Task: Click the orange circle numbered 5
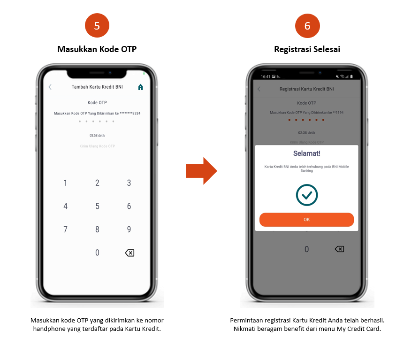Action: (97, 26)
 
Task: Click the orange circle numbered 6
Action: (307, 26)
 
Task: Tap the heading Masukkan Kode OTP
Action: (97, 49)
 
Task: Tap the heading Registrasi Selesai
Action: (307, 49)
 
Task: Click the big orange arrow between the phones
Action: (201, 171)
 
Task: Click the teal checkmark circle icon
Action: (307, 195)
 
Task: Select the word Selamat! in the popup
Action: (307, 153)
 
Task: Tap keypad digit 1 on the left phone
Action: (65, 183)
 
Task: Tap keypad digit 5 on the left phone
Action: (97, 206)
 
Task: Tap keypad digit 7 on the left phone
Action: (65, 230)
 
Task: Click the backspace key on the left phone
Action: (130, 253)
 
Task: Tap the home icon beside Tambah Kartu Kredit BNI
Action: (140, 87)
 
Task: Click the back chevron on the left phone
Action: (50, 87)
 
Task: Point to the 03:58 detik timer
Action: (97, 136)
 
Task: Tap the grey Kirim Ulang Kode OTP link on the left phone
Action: (97, 146)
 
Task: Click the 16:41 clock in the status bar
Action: (265, 77)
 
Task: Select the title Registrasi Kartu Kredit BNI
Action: (307, 89)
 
